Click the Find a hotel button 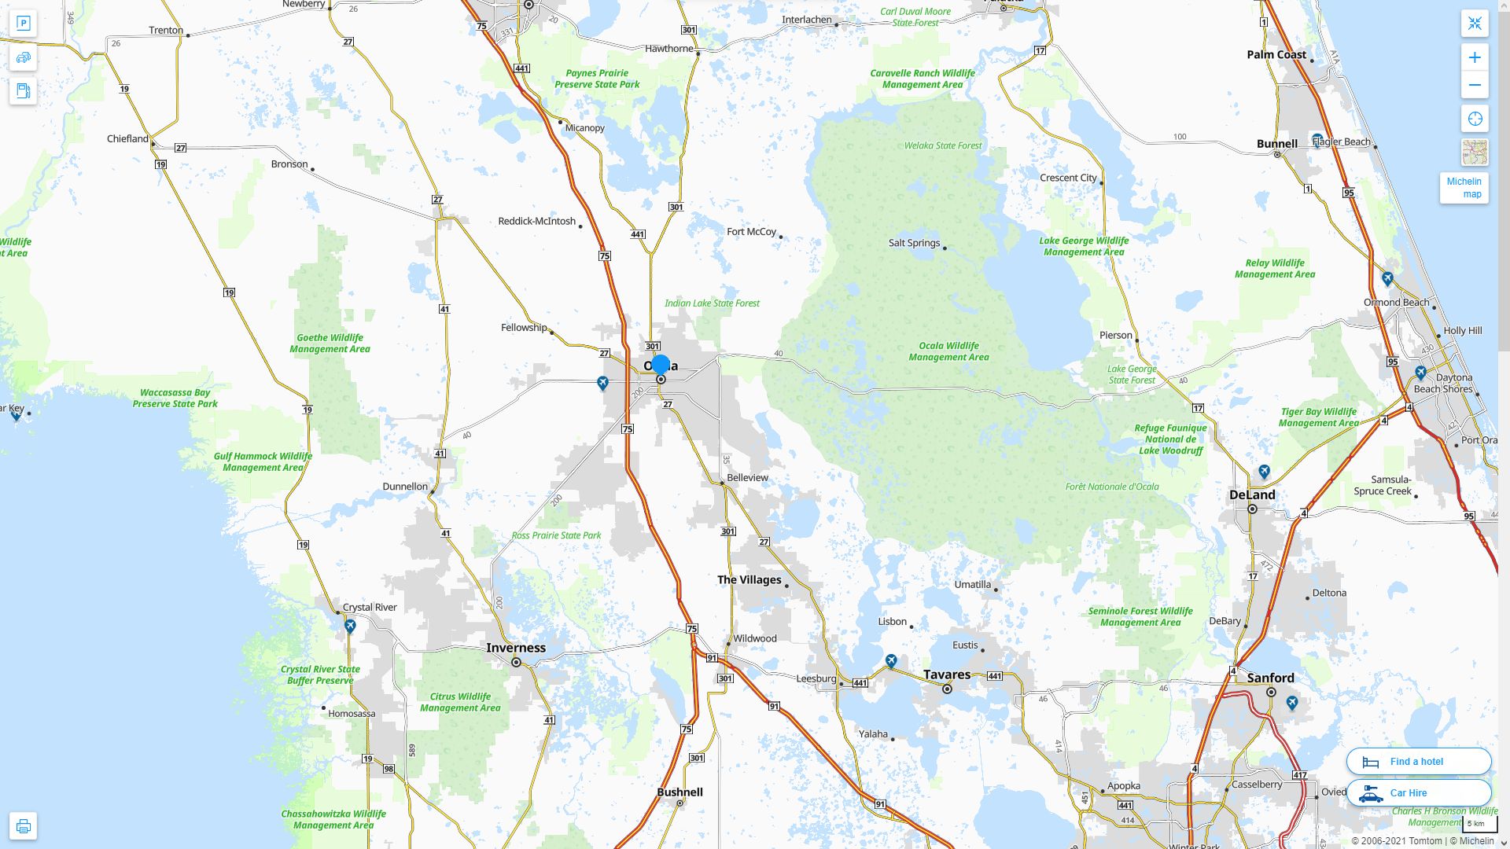tap(1418, 761)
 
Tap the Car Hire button tap(1418, 792)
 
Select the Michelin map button tap(1464, 188)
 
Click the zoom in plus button tap(1475, 57)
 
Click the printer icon tap(23, 825)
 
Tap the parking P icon tap(23, 23)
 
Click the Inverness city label tap(515, 648)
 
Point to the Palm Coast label tap(1276, 54)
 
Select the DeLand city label tap(1252, 494)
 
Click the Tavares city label tap(946, 674)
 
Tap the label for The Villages tap(749, 579)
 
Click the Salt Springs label tap(914, 243)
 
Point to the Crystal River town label tap(370, 607)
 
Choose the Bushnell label tap(679, 792)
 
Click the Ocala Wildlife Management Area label tap(948, 351)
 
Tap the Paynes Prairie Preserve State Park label tap(597, 79)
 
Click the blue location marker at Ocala tap(661, 364)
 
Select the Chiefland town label tap(127, 138)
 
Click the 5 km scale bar tap(1479, 824)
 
